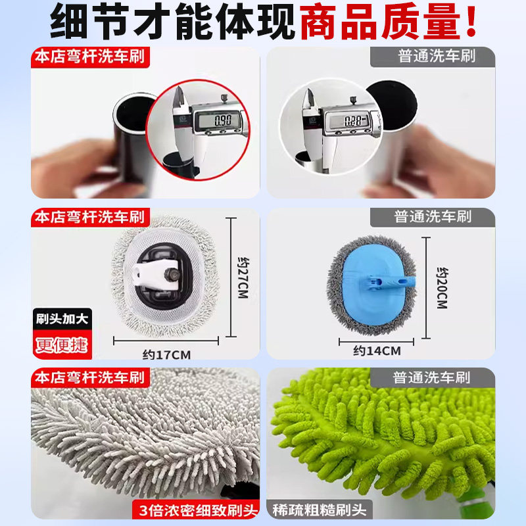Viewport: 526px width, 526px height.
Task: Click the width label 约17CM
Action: [166, 355]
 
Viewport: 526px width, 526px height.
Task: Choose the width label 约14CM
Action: [377, 351]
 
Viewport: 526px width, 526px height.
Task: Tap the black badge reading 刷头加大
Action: [60, 320]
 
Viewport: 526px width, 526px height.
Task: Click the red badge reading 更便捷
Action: [60, 345]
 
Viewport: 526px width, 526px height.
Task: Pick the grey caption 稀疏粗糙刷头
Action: [321, 509]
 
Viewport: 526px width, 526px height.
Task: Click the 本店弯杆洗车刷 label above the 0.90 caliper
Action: [89, 56]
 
